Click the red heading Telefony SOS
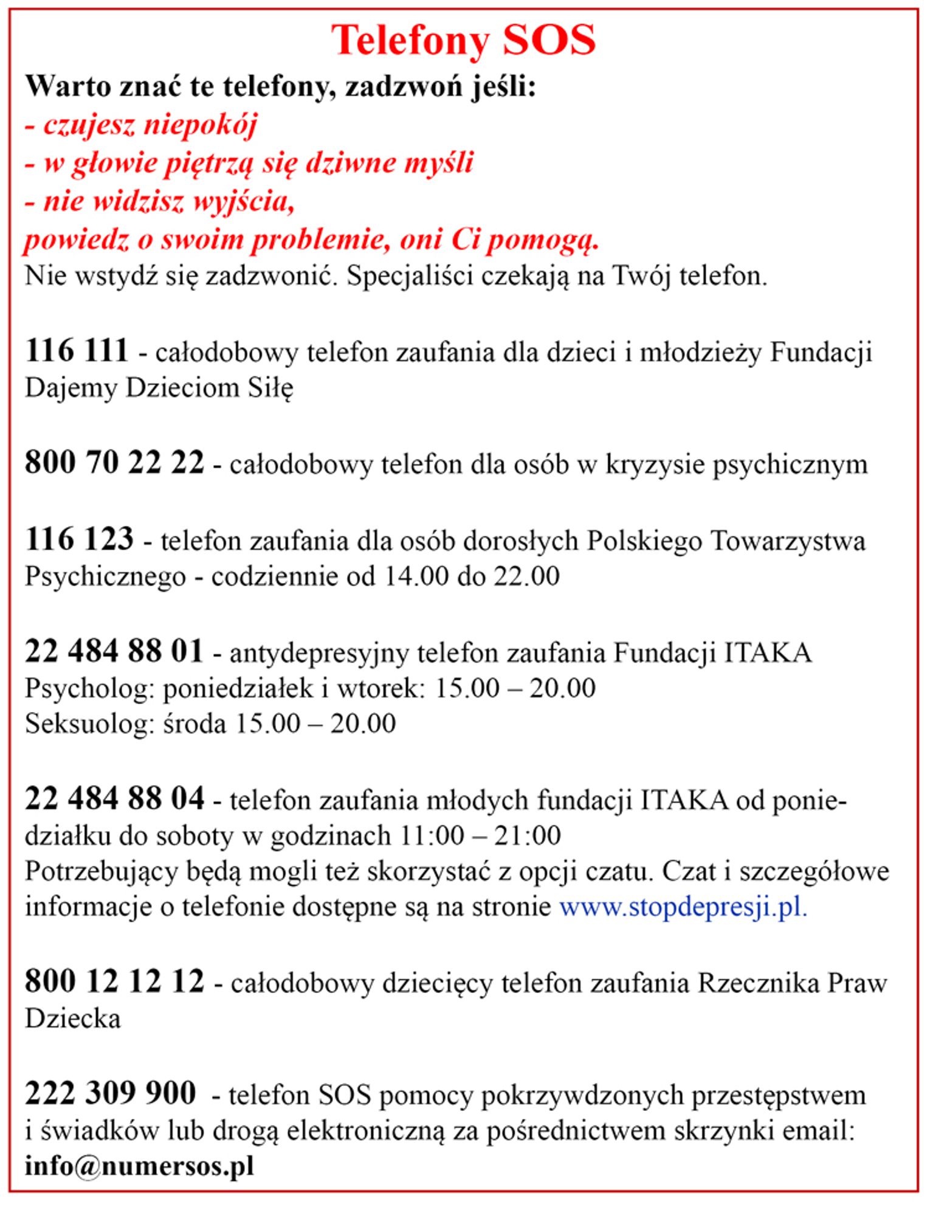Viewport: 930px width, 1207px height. [x=463, y=41]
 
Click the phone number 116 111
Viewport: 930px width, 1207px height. [x=77, y=351]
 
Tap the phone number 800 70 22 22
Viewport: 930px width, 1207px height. [x=114, y=463]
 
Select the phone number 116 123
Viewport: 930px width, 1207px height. [x=79, y=539]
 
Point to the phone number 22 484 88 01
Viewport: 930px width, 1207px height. [x=114, y=651]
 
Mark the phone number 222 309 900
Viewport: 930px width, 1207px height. [x=110, y=1093]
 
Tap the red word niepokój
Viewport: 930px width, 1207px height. [x=200, y=125]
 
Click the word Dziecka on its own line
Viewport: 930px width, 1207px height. [x=73, y=1019]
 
